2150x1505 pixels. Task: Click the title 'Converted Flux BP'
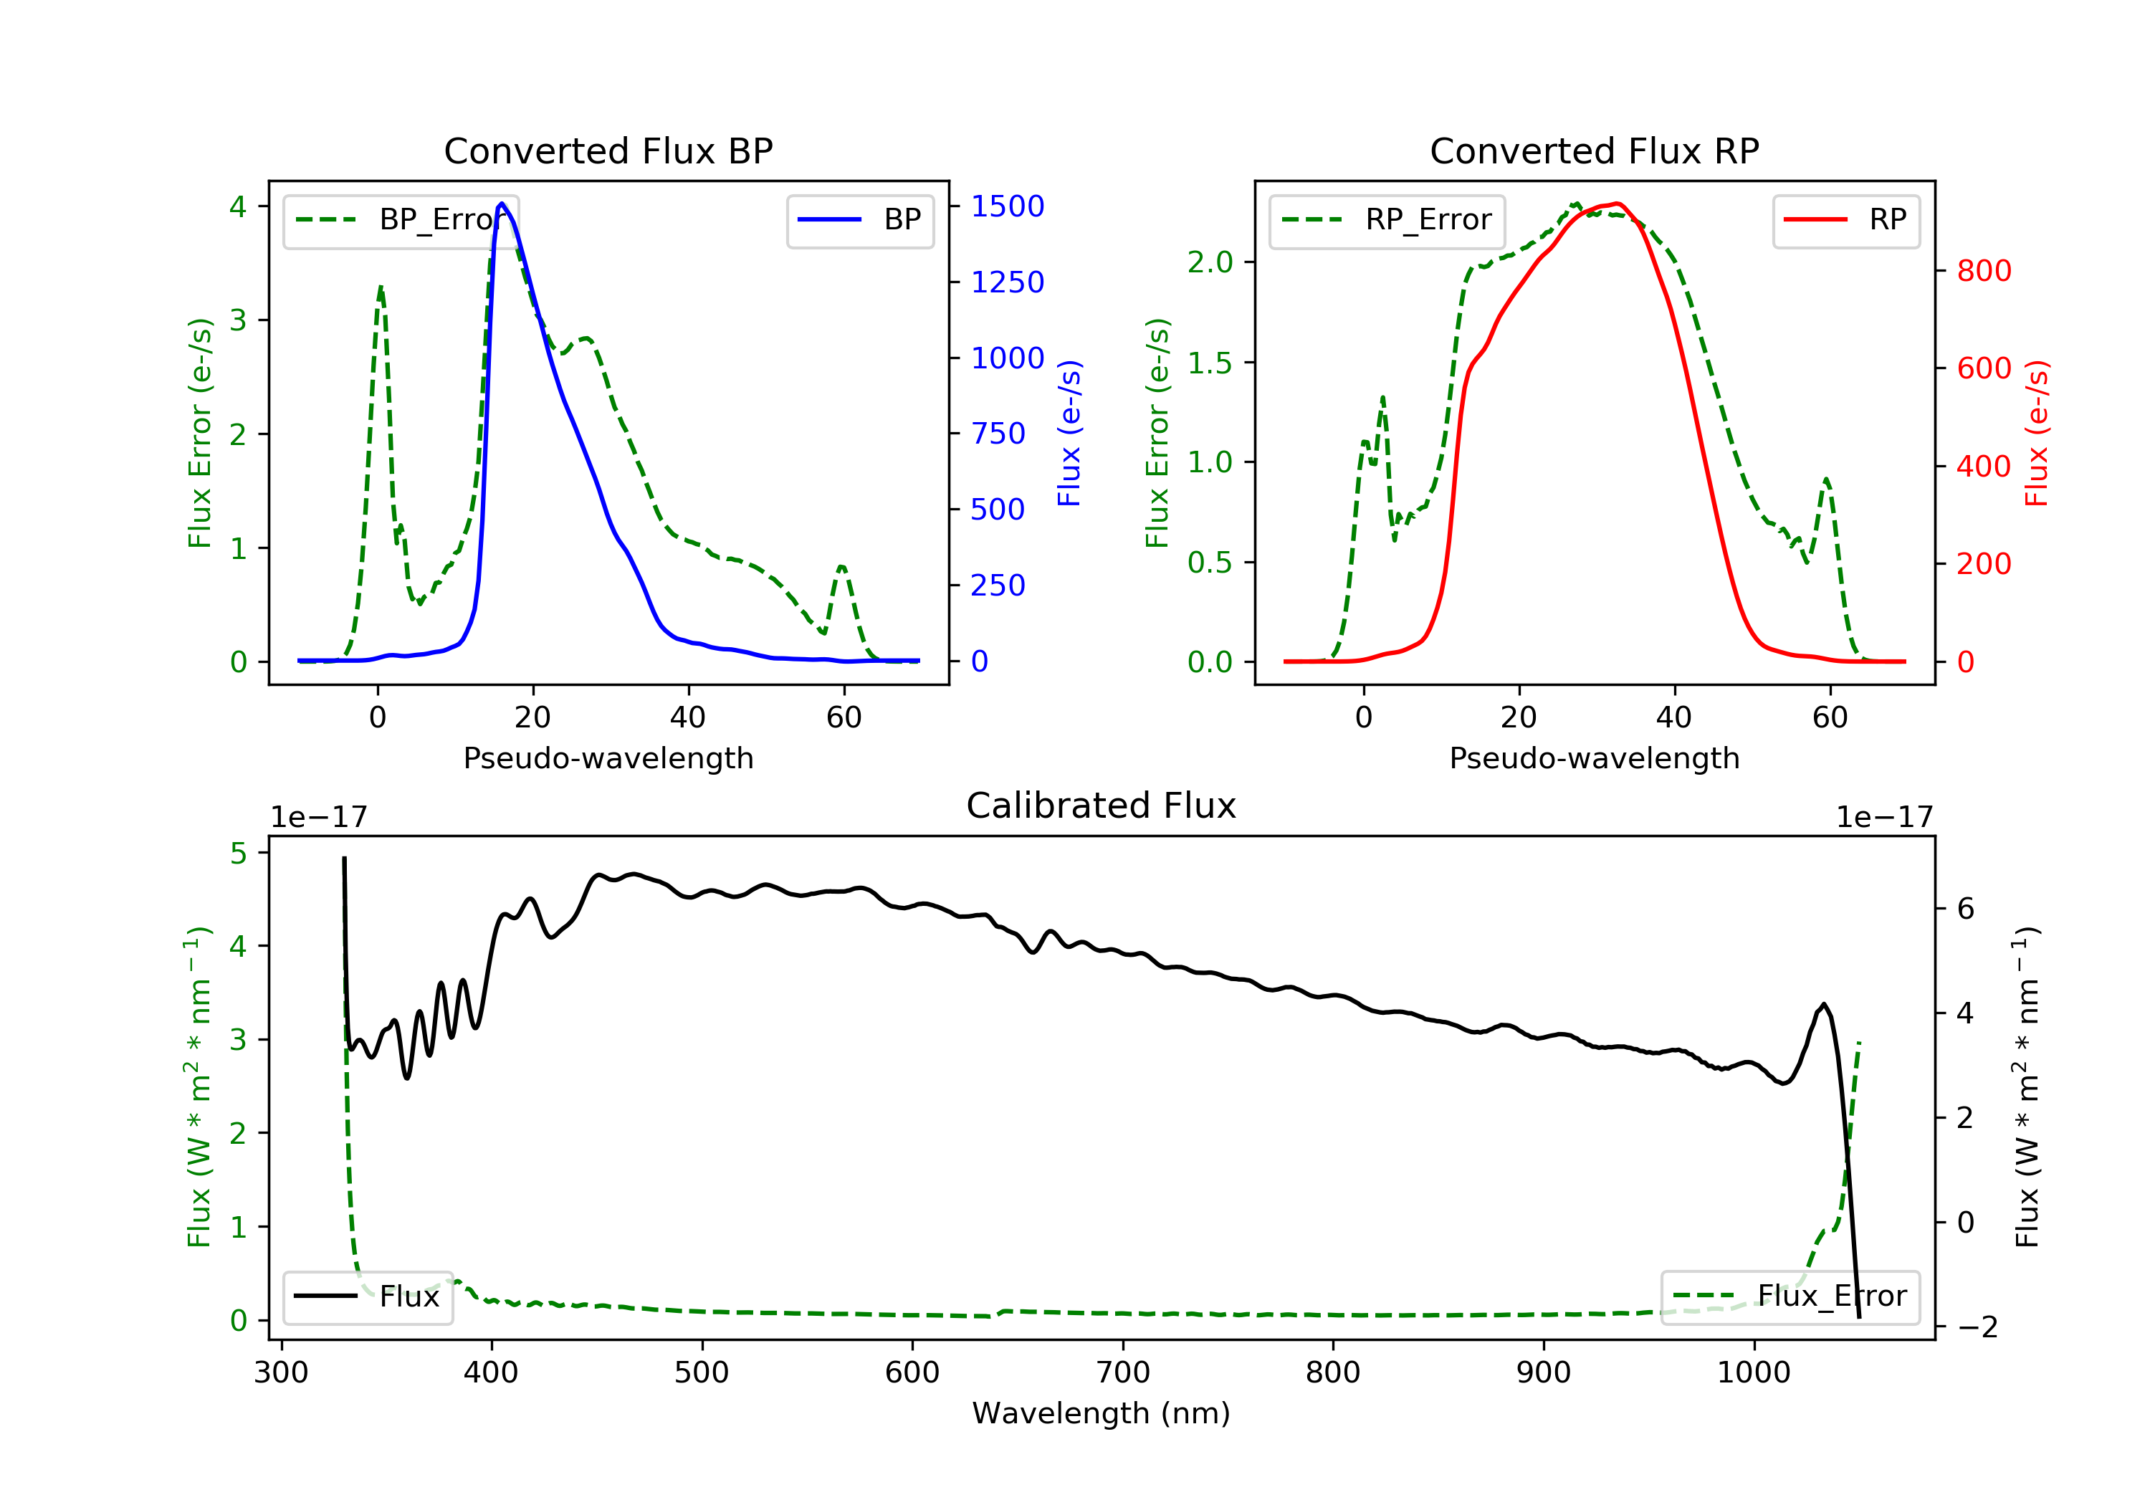click(608, 150)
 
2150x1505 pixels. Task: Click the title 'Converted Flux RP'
click(1595, 150)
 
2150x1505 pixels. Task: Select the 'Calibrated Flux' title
click(1102, 806)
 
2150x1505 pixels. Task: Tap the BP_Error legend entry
click(401, 220)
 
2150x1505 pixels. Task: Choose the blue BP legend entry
click(859, 220)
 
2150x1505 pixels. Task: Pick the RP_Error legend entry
click(1387, 220)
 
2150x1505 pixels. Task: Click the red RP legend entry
click(1845, 220)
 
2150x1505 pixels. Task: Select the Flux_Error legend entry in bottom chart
click(1790, 1296)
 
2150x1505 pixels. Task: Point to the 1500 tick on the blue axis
click(1008, 206)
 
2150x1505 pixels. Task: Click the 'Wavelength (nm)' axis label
click(1102, 1413)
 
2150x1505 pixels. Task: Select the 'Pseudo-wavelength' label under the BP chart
click(608, 758)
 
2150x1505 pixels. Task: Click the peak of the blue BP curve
click(502, 204)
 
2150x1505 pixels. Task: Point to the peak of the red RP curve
click(1618, 204)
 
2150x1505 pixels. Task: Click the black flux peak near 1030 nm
click(1824, 1005)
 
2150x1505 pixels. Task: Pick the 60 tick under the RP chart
click(1830, 717)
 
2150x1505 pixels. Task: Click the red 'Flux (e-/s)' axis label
click(2037, 434)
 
